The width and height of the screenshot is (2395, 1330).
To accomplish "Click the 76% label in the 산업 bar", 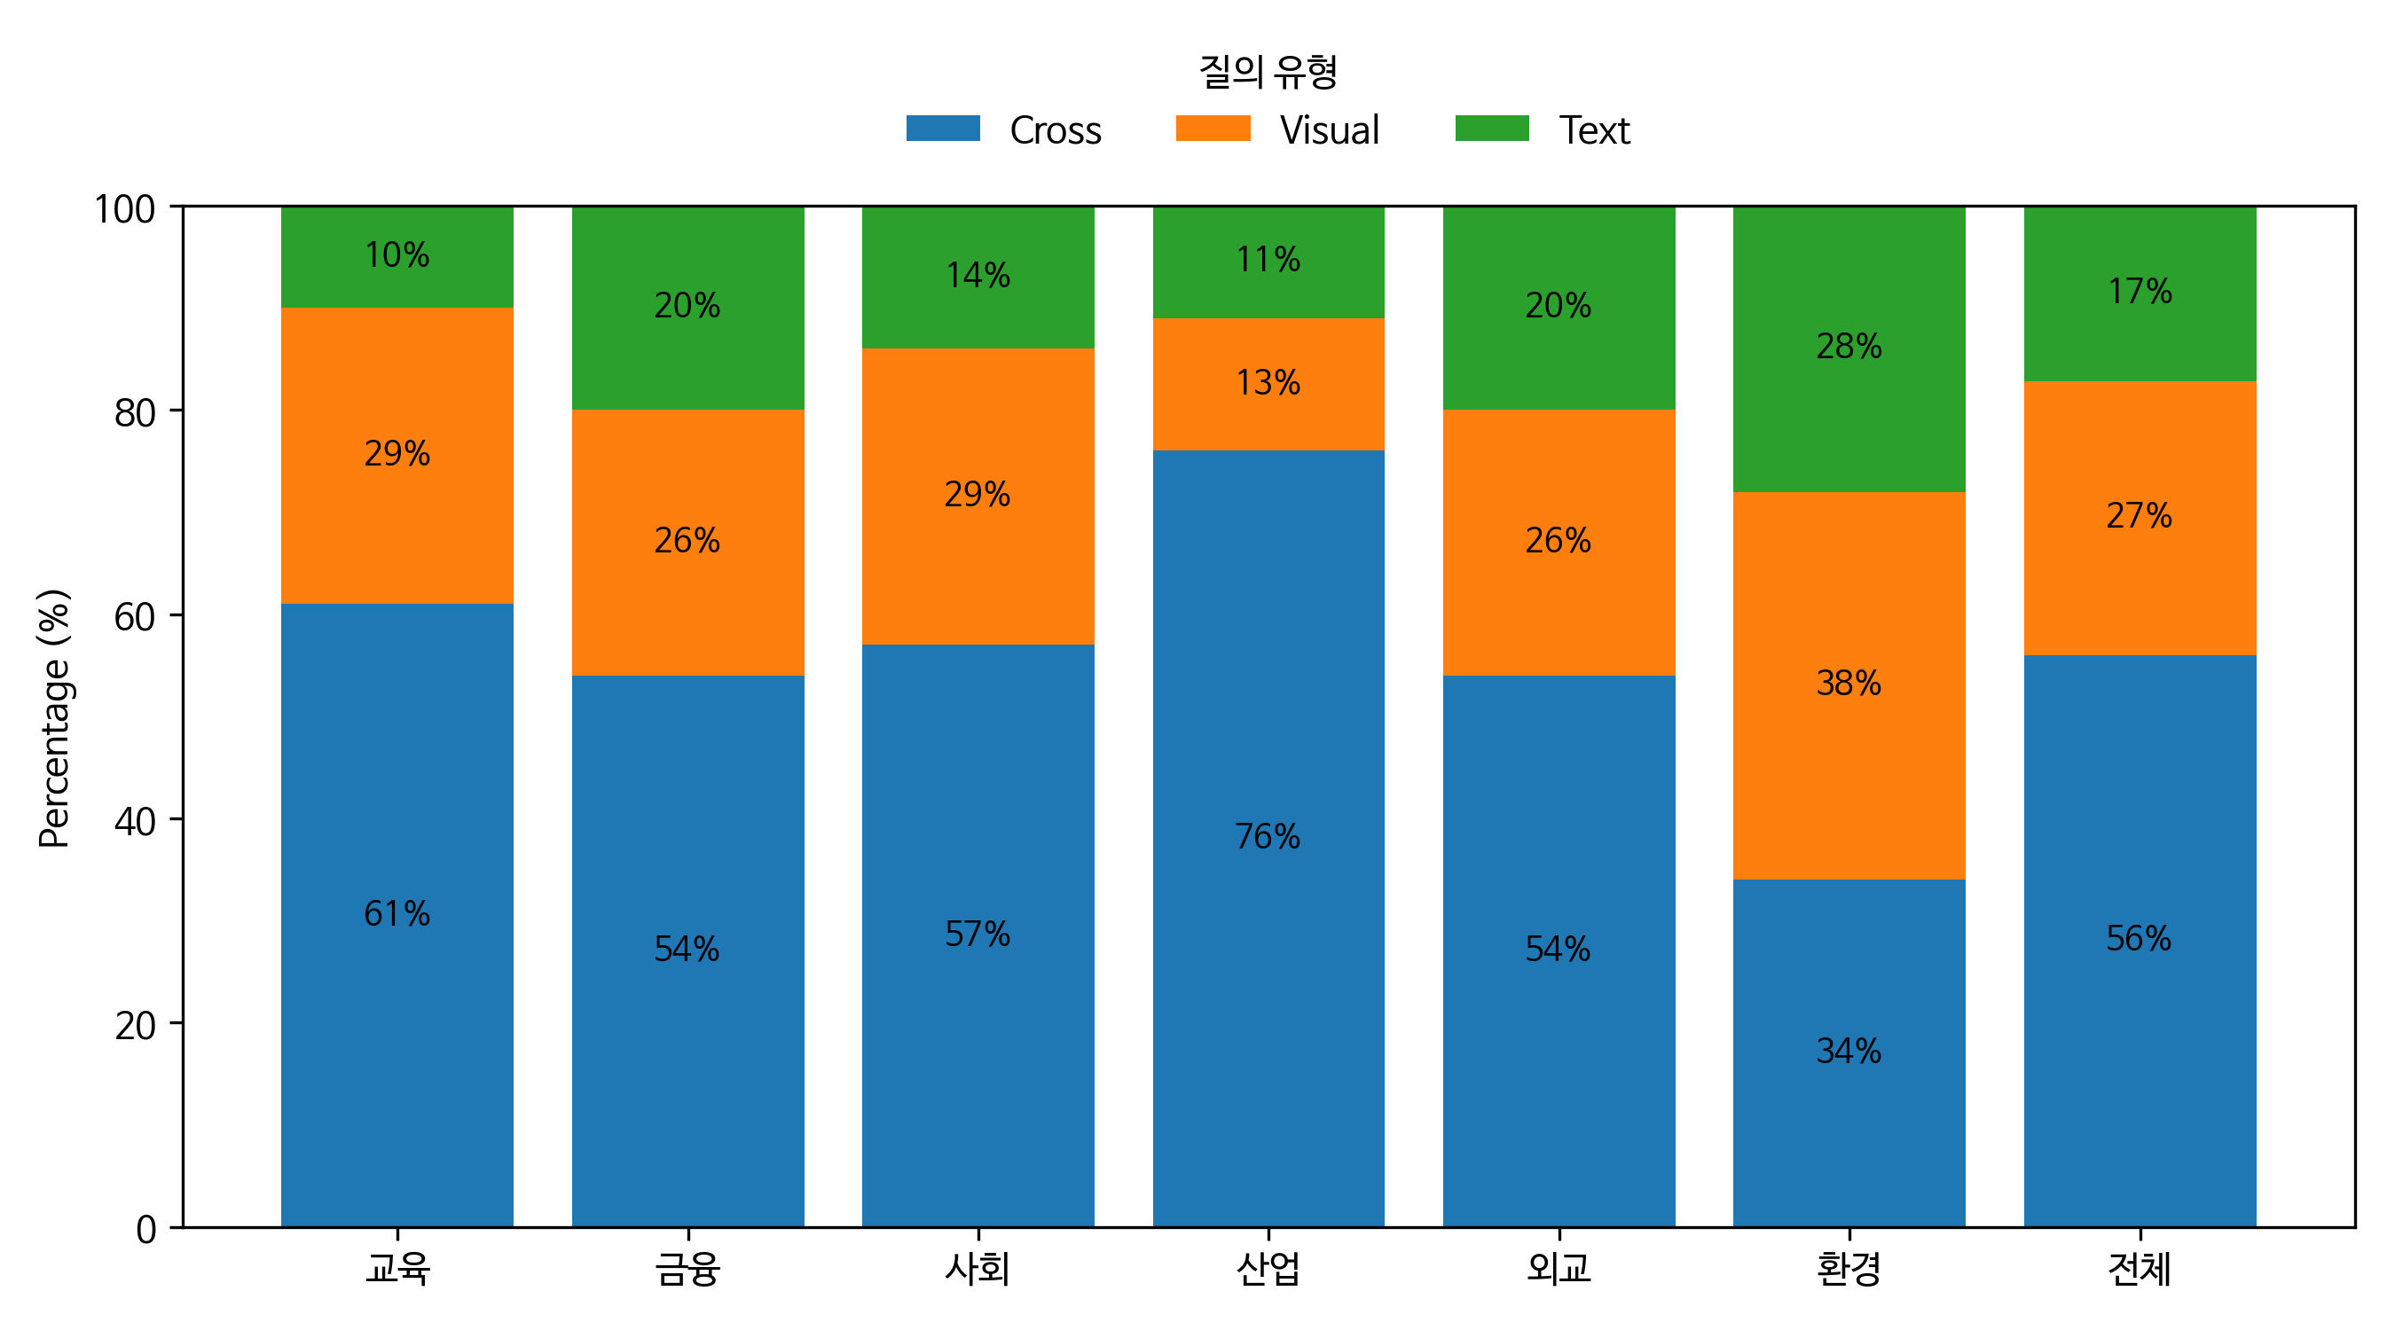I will [1268, 836].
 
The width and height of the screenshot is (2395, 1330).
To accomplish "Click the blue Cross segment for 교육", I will [397, 1068].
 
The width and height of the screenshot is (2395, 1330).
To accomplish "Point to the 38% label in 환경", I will [1849, 683].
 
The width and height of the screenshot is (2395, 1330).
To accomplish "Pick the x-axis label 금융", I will [687, 1269].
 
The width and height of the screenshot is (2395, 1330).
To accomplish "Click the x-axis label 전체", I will [2139, 1269].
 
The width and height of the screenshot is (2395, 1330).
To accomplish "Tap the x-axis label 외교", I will [1559, 1269].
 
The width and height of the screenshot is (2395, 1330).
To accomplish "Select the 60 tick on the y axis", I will [135, 616].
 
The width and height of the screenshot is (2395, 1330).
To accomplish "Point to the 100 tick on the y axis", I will [124, 208].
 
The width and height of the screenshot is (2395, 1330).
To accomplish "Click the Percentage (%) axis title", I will [54, 717].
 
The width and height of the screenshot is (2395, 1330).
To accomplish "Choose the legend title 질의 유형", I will [1268, 72].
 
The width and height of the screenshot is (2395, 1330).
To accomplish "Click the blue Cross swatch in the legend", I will [943, 129].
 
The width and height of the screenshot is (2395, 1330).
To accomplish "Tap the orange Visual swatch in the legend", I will [1213, 129].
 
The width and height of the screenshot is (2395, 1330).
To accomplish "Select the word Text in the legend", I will [1594, 130].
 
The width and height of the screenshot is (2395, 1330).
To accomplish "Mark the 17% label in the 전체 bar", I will [2139, 291].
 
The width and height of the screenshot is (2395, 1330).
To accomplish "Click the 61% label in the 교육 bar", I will [397, 913].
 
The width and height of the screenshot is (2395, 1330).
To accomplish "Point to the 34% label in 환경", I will [1849, 1052].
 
